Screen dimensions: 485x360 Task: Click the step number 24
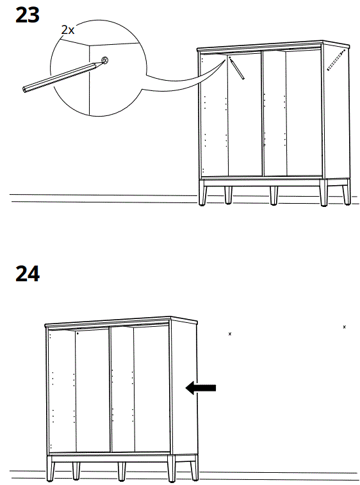click(27, 274)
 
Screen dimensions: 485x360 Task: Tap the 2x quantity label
click(68, 29)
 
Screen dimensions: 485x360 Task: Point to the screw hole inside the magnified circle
click(104, 61)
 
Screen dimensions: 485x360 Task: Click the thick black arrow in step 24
click(200, 387)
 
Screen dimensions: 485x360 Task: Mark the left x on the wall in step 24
click(230, 334)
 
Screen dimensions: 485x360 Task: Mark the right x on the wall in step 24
click(345, 327)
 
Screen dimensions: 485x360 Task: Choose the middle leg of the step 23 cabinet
click(274, 195)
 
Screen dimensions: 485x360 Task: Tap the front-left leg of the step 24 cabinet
click(50, 469)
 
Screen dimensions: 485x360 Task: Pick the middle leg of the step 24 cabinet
click(121, 471)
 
